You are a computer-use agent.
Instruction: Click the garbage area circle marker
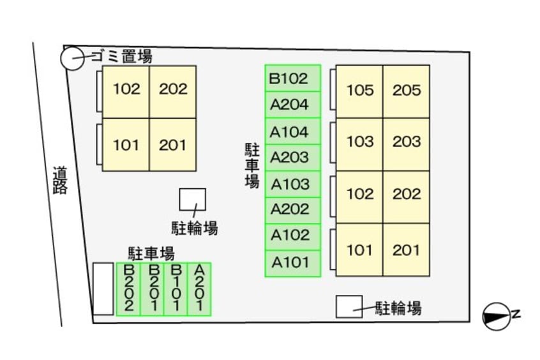tap(71, 59)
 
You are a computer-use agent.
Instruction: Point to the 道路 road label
tap(60, 181)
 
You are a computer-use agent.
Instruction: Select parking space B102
tap(292, 79)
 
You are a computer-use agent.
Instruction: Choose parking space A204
tap(292, 105)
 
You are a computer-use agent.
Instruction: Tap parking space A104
tap(292, 132)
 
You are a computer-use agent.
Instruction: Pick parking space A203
tap(292, 157)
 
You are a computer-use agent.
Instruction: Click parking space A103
tap(292, 184)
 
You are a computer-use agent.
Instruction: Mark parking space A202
tap(292, 209)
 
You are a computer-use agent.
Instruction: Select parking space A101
tap(292, 262)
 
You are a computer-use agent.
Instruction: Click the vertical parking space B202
tap(128, 289)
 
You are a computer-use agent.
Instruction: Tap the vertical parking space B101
tap(176, 289)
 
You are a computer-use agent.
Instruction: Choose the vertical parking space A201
tap(200, 289)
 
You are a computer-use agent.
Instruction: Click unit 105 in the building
tap(360, 91)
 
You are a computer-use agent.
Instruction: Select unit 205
tap(407, 91)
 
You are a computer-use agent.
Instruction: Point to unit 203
tap(407, 142)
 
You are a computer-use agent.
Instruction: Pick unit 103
tap(360, 142)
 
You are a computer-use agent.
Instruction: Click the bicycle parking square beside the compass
tap(349, 306)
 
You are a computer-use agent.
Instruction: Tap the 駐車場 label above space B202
tap(151, 253)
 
